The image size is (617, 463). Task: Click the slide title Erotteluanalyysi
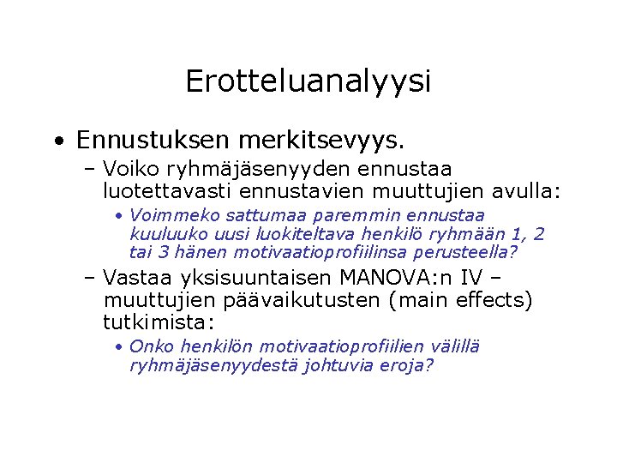(308, 81)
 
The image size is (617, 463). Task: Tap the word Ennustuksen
(147, 139)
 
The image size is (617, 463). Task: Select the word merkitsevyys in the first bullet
(314, 139)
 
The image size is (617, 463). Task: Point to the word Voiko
(129, 168)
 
